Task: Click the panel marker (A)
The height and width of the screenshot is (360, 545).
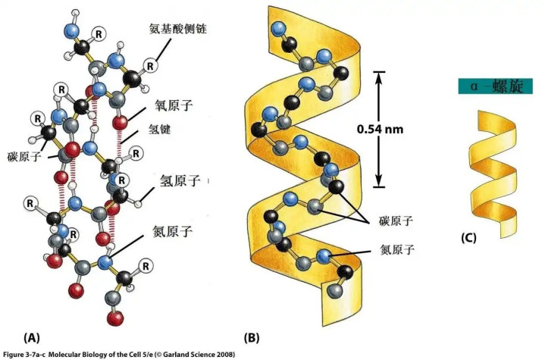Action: (31, 335)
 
